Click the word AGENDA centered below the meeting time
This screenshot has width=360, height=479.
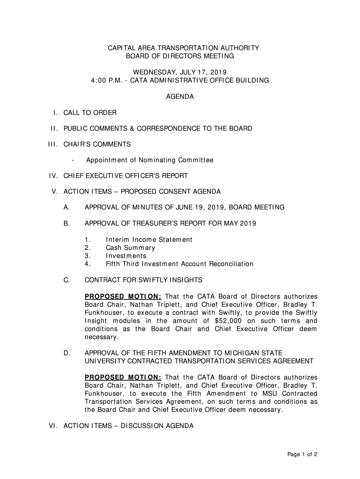180,97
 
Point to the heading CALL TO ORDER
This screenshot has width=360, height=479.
90,113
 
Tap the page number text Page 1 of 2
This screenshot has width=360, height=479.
302,454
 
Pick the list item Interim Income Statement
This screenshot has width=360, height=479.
149,240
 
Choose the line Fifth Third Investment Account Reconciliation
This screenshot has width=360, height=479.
180,264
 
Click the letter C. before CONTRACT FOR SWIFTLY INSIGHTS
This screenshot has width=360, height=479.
67,280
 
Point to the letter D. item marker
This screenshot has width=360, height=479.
67,353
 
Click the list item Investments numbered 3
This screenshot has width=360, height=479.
126,256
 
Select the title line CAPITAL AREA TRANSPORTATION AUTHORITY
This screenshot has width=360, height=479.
180,48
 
